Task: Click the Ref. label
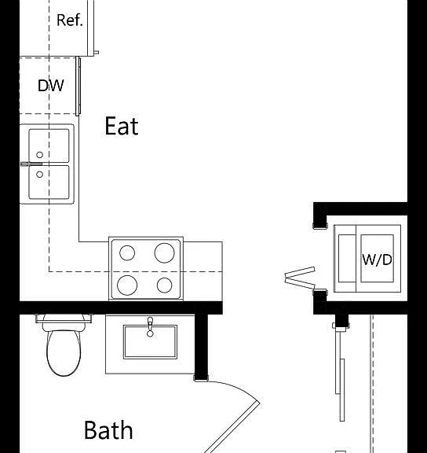(x=70, y=20)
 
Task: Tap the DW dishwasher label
(x=51, y=86)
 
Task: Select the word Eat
(x=122, y=126)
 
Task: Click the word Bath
(x=108, y=430)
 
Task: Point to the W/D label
(x=377, y=260)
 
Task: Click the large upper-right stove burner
(x=164, y=252)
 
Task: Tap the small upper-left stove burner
(x=127, y=252)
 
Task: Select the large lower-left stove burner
(x=127, y=285)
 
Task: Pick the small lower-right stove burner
(x=165, y=285)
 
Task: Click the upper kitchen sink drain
(x=40, y=155)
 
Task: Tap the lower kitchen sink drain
(x=40, y=175)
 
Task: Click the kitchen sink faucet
(x=31, y=164)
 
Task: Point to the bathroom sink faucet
(x=150, y=326)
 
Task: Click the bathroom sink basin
(x=150, y=342)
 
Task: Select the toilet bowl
(x=64, y=353)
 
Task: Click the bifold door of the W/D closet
(x=300, y=278)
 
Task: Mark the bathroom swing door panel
(x=232, y=429)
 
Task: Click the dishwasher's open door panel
(x=78, y=86)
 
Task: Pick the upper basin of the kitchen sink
(x=49, y=145)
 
